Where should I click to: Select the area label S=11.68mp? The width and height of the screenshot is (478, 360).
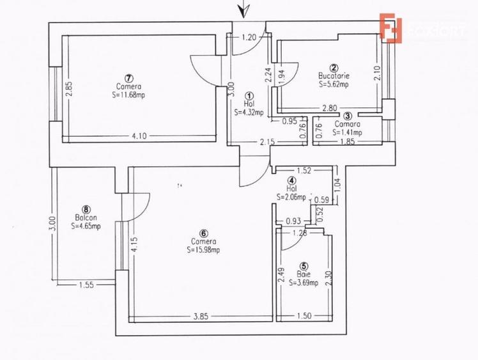point(128,93)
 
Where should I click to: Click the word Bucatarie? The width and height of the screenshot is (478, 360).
point(334,75)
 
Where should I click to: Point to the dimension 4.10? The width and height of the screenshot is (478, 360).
point(140,135)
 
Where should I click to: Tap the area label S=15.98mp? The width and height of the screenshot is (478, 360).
point(204,250)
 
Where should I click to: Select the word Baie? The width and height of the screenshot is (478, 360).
point(304,274)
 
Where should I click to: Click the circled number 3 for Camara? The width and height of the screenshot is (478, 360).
point(347,116)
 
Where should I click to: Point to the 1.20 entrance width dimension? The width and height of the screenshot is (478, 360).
point(249,38)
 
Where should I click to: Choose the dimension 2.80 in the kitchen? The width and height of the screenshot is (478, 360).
point(329,108)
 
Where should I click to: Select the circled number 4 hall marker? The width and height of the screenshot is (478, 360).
point(291,181)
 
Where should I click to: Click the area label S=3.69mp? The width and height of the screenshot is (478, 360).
point(304,282)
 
